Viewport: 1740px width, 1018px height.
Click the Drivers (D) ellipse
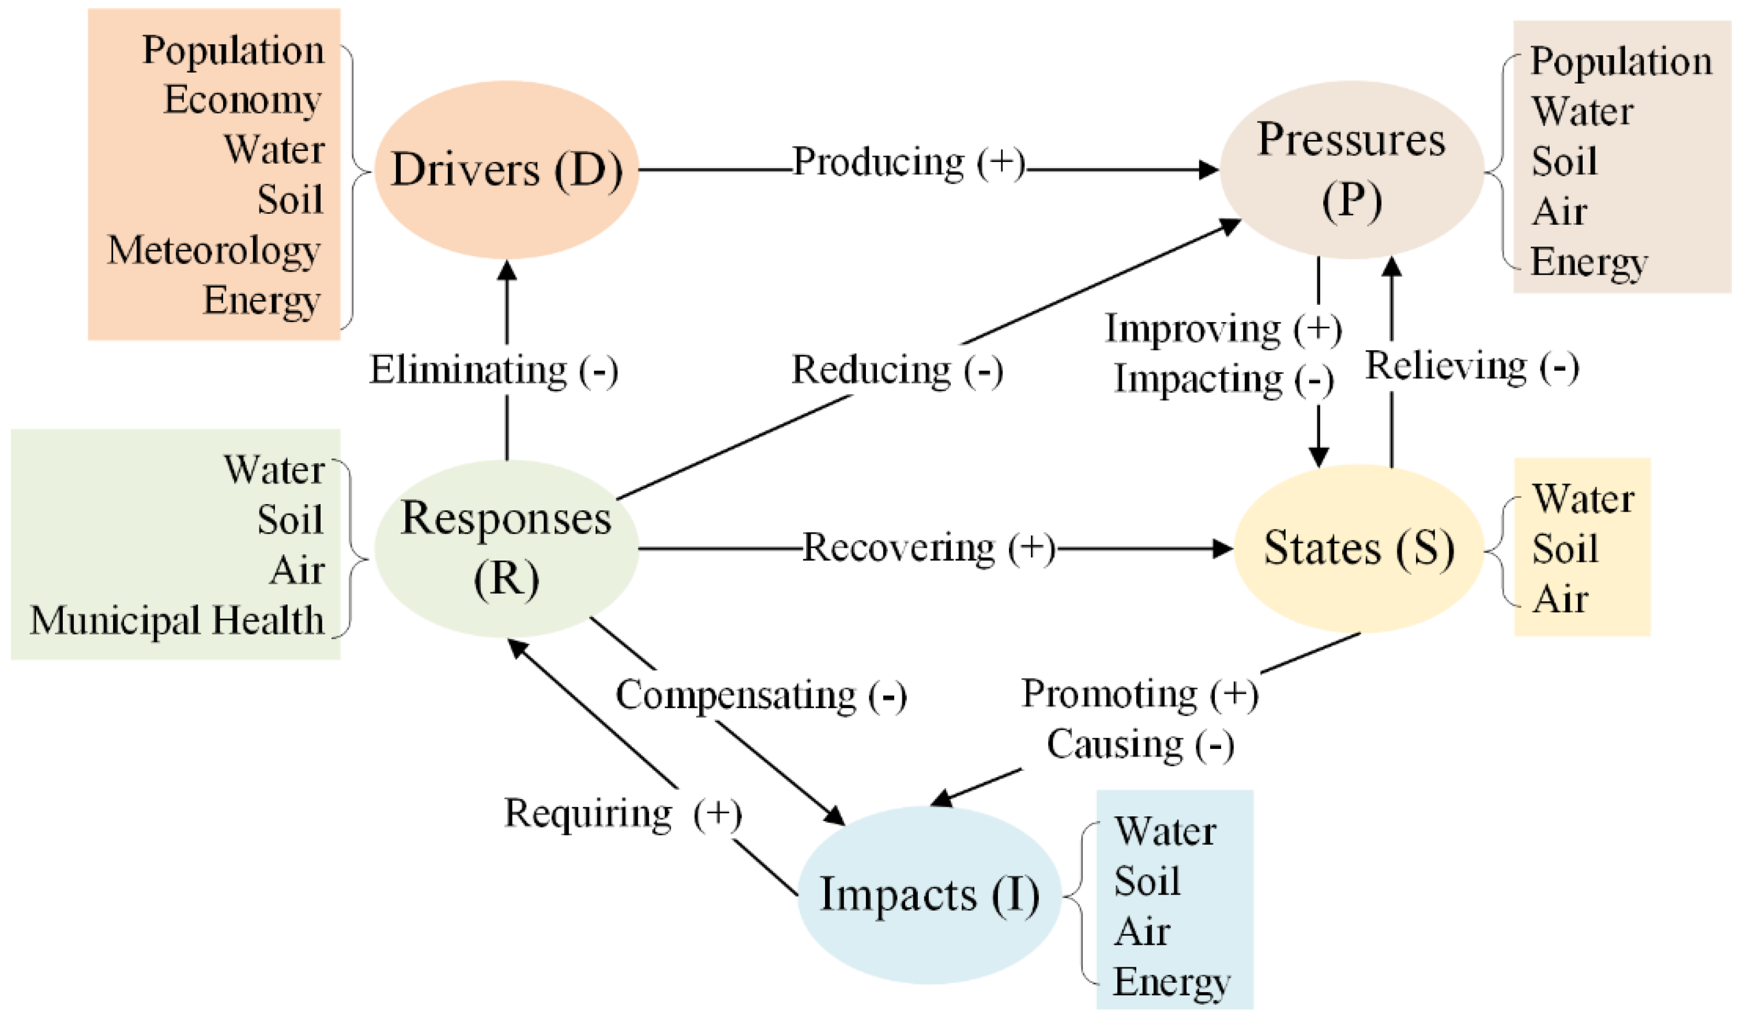[x=506, y=170]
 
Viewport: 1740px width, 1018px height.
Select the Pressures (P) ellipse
[x=1351, y=170]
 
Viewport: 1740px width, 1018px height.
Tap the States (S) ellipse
[x=1358, y=548]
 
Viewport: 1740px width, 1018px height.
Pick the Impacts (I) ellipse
[x=929, y=895]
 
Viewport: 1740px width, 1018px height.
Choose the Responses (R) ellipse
[x=506, y=548]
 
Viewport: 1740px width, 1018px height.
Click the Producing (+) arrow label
[x=909, y=163]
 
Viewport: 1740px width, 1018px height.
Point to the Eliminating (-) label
[x=494, y=370]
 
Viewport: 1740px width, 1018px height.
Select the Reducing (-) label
[x=897, y=370]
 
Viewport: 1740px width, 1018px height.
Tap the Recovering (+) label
[x=929, y=548]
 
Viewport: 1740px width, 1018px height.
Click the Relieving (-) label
[x=1471, y=366]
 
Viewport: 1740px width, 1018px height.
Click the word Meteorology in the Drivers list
[x=214, y=251]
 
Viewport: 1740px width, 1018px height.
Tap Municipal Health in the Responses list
[x=177, y=620]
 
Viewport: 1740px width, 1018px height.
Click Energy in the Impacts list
[x=1172, y=982]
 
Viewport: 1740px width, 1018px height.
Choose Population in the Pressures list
[x=1621, y=62]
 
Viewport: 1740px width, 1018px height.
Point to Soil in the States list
[x=1565, y=550]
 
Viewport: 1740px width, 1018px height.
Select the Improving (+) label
[x=1223, y=329]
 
